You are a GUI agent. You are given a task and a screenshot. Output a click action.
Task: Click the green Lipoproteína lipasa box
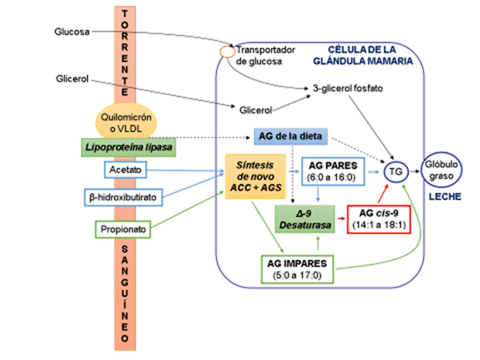point(129,147)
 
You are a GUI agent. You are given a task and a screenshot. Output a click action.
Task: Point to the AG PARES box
point(331,170)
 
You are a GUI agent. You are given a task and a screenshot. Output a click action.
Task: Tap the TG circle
point(394,170)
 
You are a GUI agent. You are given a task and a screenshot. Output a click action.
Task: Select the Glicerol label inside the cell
point(256,108)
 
